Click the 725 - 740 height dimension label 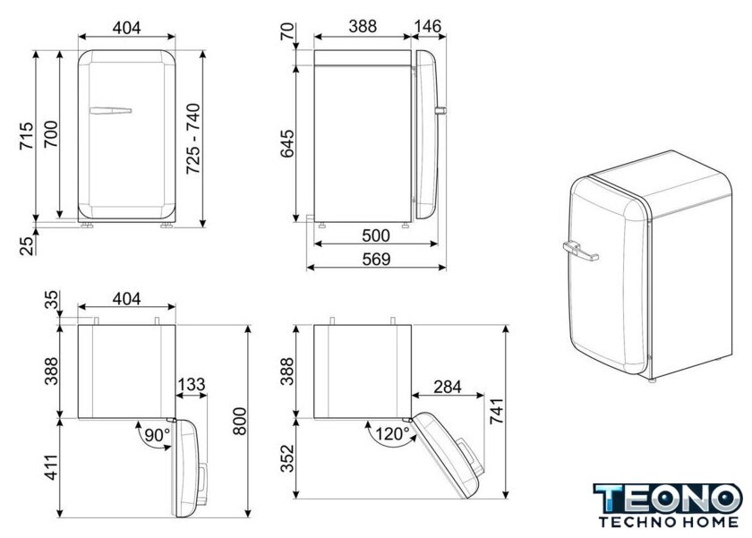193,138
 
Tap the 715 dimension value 26,136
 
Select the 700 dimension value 50,133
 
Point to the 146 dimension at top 427,26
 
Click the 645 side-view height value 287,143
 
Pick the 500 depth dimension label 376,235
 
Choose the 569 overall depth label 376,259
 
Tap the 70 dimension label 286,31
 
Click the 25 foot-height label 27,244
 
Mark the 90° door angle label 158,435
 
